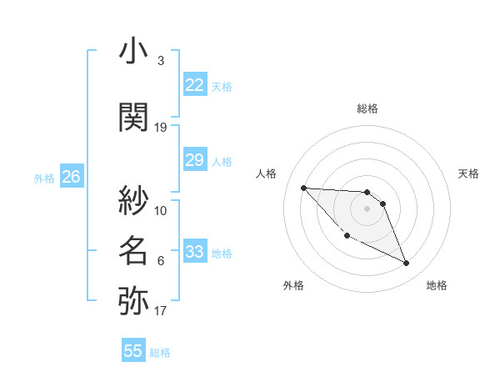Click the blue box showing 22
click(194, 85)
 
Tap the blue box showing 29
click(194, 160)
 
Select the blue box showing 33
click(194, 252)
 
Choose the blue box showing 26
click(71, 177)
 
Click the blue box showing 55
click(133, 351)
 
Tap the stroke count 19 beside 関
click(161, 127)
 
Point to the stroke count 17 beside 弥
click(161, 311)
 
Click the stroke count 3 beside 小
click(161, 61)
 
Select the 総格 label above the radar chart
click(367, 108)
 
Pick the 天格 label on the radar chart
click(468, 173)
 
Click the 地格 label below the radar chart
click(437, 285)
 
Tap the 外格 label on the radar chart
click(293, 285)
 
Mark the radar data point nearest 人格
click(303, 188)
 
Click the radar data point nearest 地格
click(407, 264)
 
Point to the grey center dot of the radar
click(367, 209)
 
